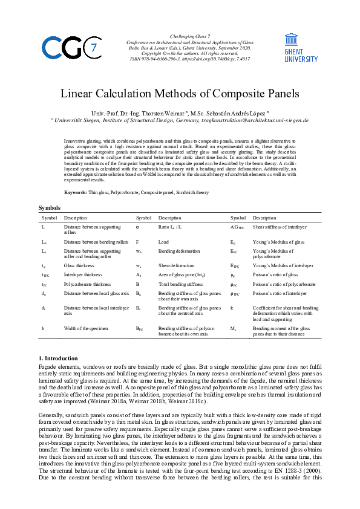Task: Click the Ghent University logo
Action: point(301,47)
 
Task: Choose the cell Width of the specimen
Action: point(83,328)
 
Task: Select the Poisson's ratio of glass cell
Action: point(277,274)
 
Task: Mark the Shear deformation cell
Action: point(176,265)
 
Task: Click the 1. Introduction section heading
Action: point(58,358)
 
